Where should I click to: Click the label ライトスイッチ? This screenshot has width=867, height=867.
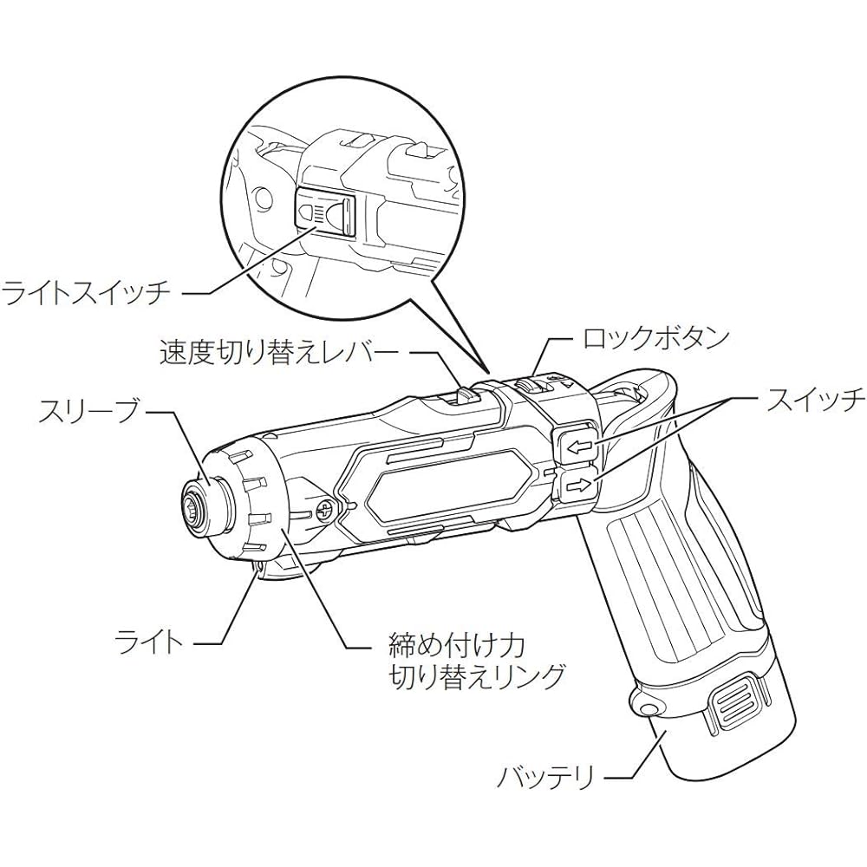85,291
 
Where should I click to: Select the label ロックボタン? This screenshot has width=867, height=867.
656,338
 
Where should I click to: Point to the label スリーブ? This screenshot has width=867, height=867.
88,412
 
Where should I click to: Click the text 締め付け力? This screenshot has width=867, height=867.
457,644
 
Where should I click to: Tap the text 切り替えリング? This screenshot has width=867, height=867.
478,675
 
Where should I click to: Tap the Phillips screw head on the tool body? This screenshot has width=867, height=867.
324,509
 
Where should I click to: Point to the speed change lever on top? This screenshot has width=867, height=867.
466,394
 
